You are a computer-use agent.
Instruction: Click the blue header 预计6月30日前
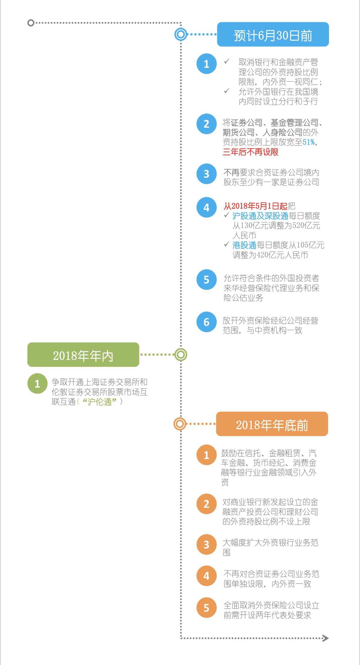(273, 34)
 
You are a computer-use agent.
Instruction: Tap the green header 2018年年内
(83, 354)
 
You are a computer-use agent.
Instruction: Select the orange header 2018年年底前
(272, 424)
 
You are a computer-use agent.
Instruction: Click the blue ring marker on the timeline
(181, 34)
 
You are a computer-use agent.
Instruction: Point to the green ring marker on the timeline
(181, 355)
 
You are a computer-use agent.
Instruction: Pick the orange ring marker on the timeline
(180, 424)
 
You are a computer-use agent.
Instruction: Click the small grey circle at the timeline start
(31, 23)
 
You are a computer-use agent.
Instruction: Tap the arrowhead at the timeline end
(326, 638)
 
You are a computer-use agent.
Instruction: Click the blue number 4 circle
(206, 207)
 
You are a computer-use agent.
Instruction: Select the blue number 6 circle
(206, 322)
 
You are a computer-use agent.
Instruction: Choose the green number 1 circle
(37, 384)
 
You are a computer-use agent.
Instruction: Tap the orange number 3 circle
(206, 545)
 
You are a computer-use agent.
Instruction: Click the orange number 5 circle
(206, 608)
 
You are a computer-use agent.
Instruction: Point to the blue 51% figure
(309, 142)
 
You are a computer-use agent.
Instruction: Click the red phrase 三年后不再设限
(250, 152)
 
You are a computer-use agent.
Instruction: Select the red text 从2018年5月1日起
(255, 206)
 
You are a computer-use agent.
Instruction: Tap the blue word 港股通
(244, 245)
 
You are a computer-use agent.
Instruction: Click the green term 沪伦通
(100, 402)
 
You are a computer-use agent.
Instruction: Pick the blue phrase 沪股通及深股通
(260, 216)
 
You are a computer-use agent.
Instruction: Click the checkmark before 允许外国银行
(227, 91)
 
